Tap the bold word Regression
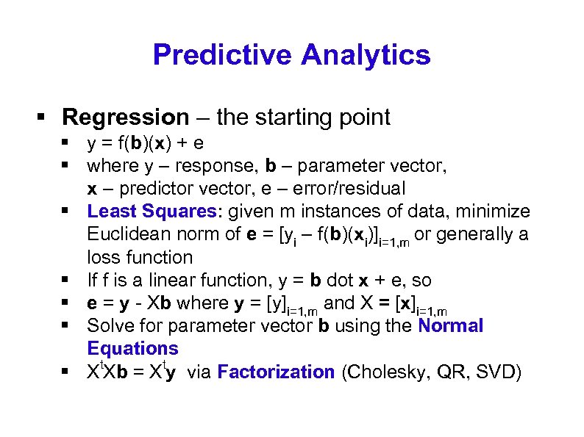click(x=126, y=117)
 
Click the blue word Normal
click(x=450, y=325)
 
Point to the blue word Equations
click(x=132, y=348)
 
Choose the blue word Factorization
click(x=276, y=372)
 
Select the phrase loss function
click(x=140, y=257)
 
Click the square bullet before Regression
click(x=42, y=118)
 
